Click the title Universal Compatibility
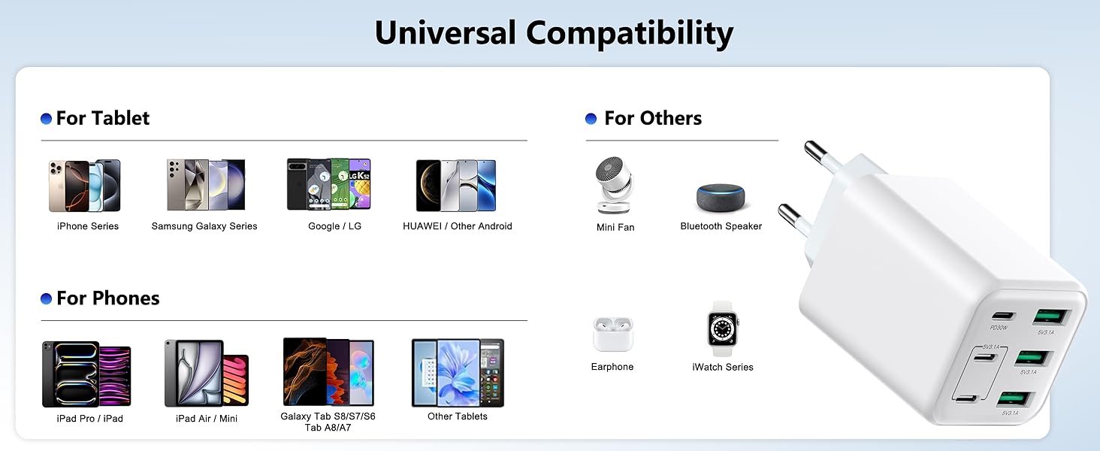(x=554, y=34)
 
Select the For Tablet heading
(x=102, y=118)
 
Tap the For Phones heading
(x=107, y=298)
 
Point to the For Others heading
(x=652, y=118)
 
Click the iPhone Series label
(x=88, y=226)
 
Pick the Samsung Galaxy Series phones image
(x=205, y=185)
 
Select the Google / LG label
(x=334, y=226)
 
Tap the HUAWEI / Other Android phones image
(x=456, y=186)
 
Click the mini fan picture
(x=615, y=185)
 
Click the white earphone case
(x=612, y=334)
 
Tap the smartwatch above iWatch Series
(x=723, y=328)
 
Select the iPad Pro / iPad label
(x=89, y=419)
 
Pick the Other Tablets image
(x=458, y=373)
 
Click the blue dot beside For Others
(x=591, y=119)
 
